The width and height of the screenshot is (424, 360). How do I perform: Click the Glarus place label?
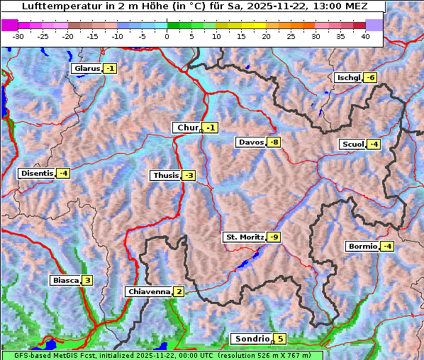pos(87,69)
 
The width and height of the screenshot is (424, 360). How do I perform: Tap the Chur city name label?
pos(188,128)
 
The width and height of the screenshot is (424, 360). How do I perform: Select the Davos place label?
pos(251,142)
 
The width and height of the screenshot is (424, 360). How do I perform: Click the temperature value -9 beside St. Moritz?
pos(274,237)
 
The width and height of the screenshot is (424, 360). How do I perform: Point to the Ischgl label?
pos(348,77)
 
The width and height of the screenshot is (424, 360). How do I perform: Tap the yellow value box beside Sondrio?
pos(281,339)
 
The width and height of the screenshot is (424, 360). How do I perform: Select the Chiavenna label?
pos(148,292)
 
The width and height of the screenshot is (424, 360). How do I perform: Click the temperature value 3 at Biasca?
pos(87,281)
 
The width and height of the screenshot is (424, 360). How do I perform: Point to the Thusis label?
pos(165,176)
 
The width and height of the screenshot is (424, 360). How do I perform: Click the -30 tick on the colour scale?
pos(18,36)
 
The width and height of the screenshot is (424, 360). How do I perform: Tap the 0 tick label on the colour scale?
pos(167,36)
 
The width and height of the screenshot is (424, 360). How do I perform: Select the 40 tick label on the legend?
pos(365,36)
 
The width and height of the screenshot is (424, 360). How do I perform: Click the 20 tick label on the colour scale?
pos(266,36)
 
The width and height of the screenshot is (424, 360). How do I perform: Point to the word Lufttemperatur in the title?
pos(55,6)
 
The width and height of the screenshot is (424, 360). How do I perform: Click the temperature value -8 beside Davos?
pos(274,142)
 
